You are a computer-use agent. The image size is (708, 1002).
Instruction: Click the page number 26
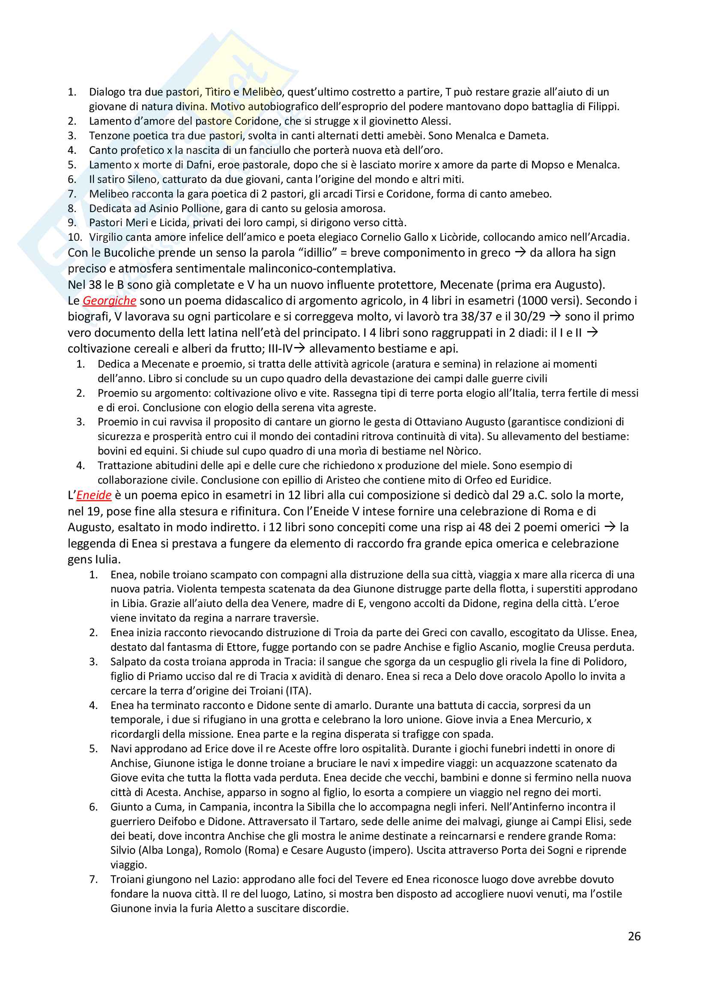[x=634, y=936]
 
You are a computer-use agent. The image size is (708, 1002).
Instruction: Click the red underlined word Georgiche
[x=109, y=301]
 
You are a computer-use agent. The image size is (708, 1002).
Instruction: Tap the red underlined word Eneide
[x=94, y=495]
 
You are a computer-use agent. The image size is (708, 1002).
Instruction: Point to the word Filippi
[x=603, y=107]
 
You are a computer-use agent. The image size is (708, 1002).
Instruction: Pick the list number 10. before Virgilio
[x=75, y=237]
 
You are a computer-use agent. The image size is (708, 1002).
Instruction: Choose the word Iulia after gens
[x=105, y=559]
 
